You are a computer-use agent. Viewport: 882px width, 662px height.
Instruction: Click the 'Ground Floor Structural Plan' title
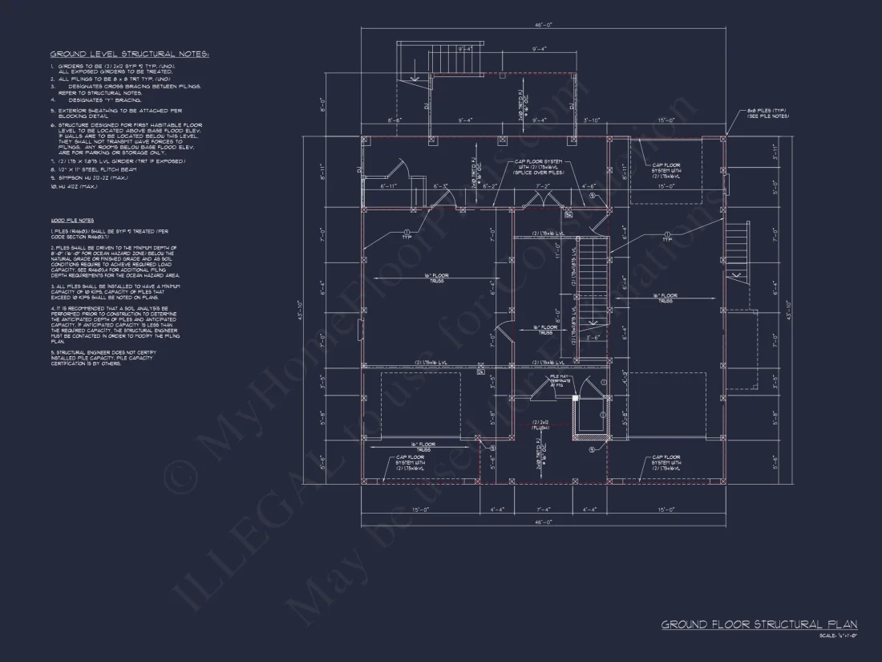tap(759, 624)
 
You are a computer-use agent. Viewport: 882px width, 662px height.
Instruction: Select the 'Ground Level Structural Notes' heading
tap(129, 55)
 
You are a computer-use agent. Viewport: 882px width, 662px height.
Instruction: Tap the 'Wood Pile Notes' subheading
tap(72, 220)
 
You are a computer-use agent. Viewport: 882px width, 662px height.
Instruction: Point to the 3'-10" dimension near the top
tap(592, 120)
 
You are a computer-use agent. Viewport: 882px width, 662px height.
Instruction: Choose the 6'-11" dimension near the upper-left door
tap(390, 186)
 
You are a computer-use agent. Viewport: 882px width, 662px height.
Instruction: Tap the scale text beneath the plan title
tap(837, 636)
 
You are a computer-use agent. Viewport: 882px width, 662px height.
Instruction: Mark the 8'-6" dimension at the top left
tap(394, 120)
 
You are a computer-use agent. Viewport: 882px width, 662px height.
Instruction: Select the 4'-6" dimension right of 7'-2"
tap(589, 186)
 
